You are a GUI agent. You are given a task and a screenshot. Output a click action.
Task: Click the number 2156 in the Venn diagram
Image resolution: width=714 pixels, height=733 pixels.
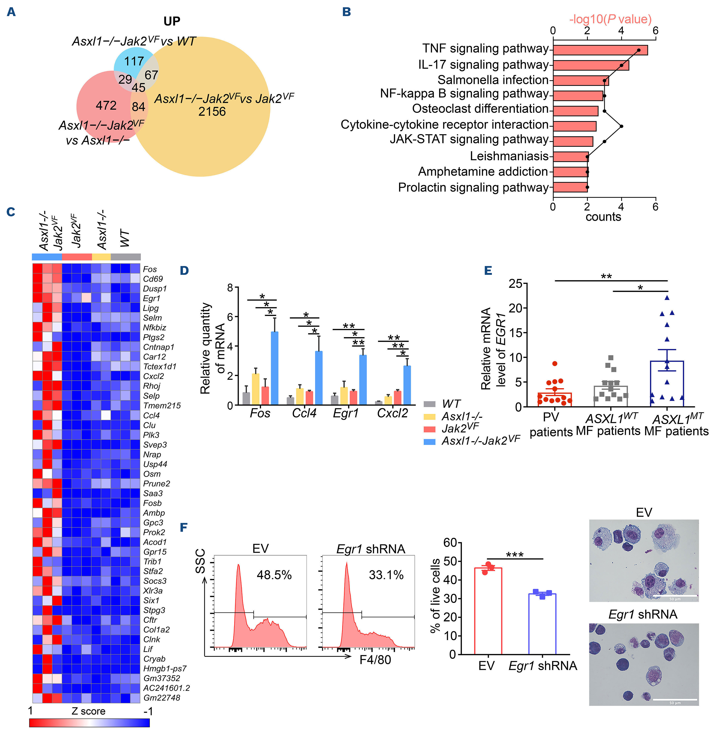(x=212, y=112)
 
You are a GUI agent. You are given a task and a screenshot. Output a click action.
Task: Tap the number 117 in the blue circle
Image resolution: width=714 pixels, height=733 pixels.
(x=134, y=61)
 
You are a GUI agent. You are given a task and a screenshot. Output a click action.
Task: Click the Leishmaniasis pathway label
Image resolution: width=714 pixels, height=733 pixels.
(x=509, y=156)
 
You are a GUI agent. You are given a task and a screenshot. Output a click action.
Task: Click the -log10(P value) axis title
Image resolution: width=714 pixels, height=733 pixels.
(x=610, y=19)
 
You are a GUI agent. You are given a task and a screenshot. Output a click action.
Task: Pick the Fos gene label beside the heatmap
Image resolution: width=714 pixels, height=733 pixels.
(x=150, y=269)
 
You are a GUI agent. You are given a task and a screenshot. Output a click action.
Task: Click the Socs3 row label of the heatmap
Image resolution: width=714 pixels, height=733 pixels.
(x=155, y=581)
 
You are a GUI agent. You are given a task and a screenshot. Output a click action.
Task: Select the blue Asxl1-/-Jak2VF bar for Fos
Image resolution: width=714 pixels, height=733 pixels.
(x=275, y=368)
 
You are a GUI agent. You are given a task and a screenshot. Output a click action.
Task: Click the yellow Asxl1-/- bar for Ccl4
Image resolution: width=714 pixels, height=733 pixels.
(x=300, y=396)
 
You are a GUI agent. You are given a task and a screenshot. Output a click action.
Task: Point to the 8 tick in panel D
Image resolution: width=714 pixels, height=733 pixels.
(x=230, y=288)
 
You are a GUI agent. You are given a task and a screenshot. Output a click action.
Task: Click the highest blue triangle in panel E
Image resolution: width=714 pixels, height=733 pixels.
(x=667, y=298)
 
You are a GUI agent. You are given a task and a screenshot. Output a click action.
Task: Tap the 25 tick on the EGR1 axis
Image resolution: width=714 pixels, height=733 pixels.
(x=515, y=284)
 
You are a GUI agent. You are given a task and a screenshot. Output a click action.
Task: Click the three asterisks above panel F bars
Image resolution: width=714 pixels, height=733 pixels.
(x=515, y=555)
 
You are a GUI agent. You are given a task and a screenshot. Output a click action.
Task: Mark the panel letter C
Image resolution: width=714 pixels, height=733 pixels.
(x=11, y=212)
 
